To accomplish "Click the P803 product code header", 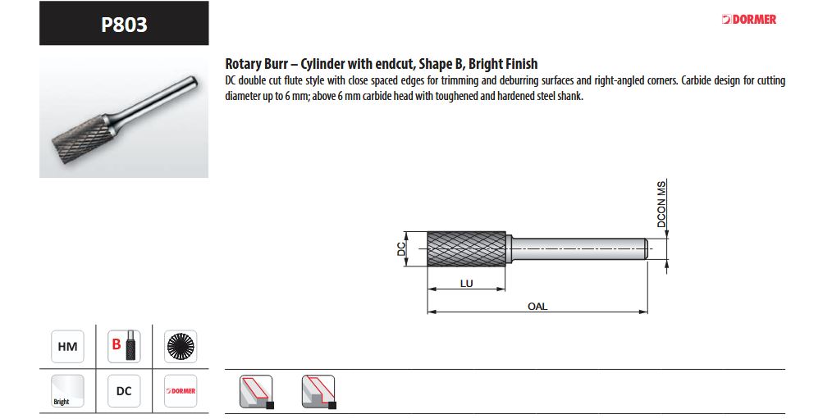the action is point(124,24).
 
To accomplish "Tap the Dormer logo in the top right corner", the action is point(749,20).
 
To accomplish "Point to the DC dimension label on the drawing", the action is point(401,249).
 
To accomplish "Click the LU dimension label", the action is point(467,283).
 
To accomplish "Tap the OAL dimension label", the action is point(537,306).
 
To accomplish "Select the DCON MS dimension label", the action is point(661,204).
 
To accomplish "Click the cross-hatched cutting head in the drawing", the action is point(467,249).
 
